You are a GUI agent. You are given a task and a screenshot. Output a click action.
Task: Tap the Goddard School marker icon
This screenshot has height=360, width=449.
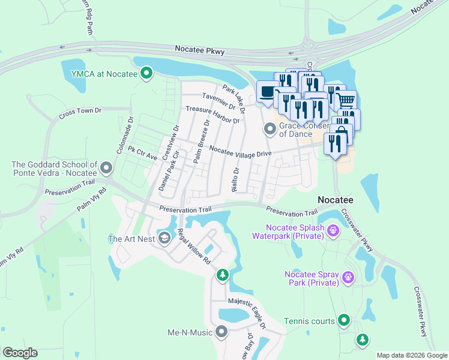coord(107,167)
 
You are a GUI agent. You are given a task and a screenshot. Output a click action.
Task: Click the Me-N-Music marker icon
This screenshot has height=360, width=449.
coord(221,331)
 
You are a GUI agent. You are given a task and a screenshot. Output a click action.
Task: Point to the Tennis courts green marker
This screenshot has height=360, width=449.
coord(344,320)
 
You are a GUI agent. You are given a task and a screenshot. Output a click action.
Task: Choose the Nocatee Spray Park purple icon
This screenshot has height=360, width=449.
coord(348,277)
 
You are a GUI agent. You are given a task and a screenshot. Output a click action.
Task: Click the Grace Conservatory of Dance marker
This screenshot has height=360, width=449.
coord(270,128)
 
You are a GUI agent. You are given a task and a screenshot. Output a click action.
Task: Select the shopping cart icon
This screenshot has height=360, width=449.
coord(346,100)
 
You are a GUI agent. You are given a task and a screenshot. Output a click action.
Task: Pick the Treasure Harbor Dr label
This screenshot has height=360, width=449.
coord(212,115)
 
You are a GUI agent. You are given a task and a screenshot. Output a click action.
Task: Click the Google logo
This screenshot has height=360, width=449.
coord(20,353)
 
